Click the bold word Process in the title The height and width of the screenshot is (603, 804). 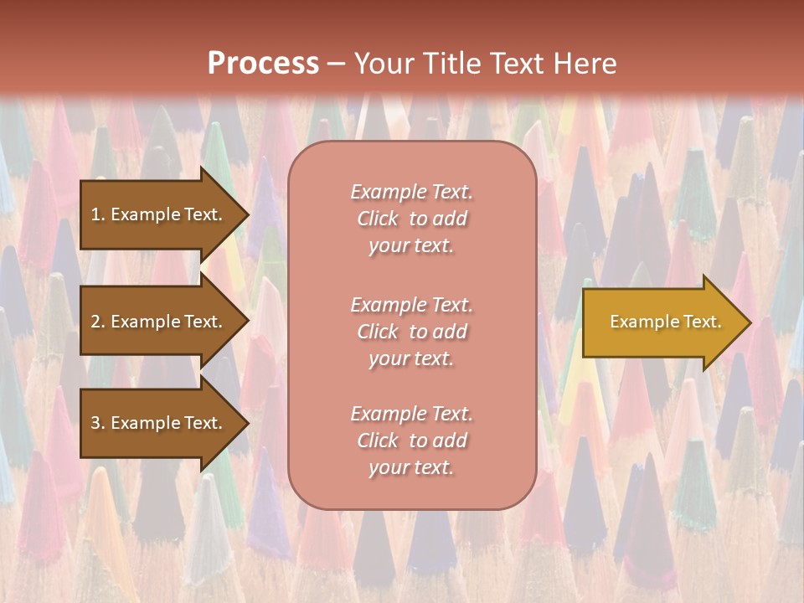(263, 64)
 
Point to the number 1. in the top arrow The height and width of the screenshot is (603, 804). (98, 214)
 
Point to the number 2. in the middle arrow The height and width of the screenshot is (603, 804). (98, 322)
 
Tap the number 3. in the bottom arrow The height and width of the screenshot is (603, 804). (98, 423)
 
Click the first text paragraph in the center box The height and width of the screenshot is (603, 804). (412, 219)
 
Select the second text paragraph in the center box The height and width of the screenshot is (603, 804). (412, 332)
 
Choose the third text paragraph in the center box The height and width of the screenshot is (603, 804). (412, 441)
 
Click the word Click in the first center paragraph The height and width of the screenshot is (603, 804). (378, 219)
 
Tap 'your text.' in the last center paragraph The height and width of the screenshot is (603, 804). (412, 467)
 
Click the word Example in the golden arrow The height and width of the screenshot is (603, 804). (638, 322)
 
